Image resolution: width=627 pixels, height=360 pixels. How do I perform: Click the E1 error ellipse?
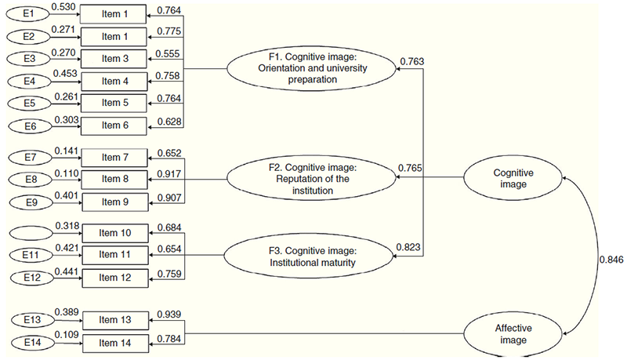click(x=28, y=14)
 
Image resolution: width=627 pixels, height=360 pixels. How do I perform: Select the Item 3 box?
click(x=114, y=59)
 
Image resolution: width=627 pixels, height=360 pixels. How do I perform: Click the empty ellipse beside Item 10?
click(x=28, y=233)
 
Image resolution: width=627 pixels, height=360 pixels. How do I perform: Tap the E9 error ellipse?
click(x=28, y=202)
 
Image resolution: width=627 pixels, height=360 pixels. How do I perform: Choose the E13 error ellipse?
click(x=28, y=320)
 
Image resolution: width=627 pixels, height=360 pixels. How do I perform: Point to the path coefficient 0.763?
click(x=413, y=60)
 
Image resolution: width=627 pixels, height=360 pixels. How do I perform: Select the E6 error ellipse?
click(x=28, y=125)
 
